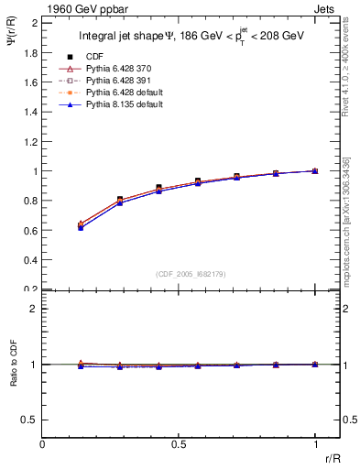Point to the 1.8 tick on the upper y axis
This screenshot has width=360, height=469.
pyautogui.click(x=31, y=52)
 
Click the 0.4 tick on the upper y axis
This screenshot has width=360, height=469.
pyautogui.click(x=31, y=260)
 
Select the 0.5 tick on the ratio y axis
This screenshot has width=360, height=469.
pyautogui.click(x=31, y=420)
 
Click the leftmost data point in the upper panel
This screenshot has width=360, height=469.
pyautogui.click(x=81, y=225)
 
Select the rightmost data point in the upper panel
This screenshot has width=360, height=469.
pyautogui.click(x=315, y=170)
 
